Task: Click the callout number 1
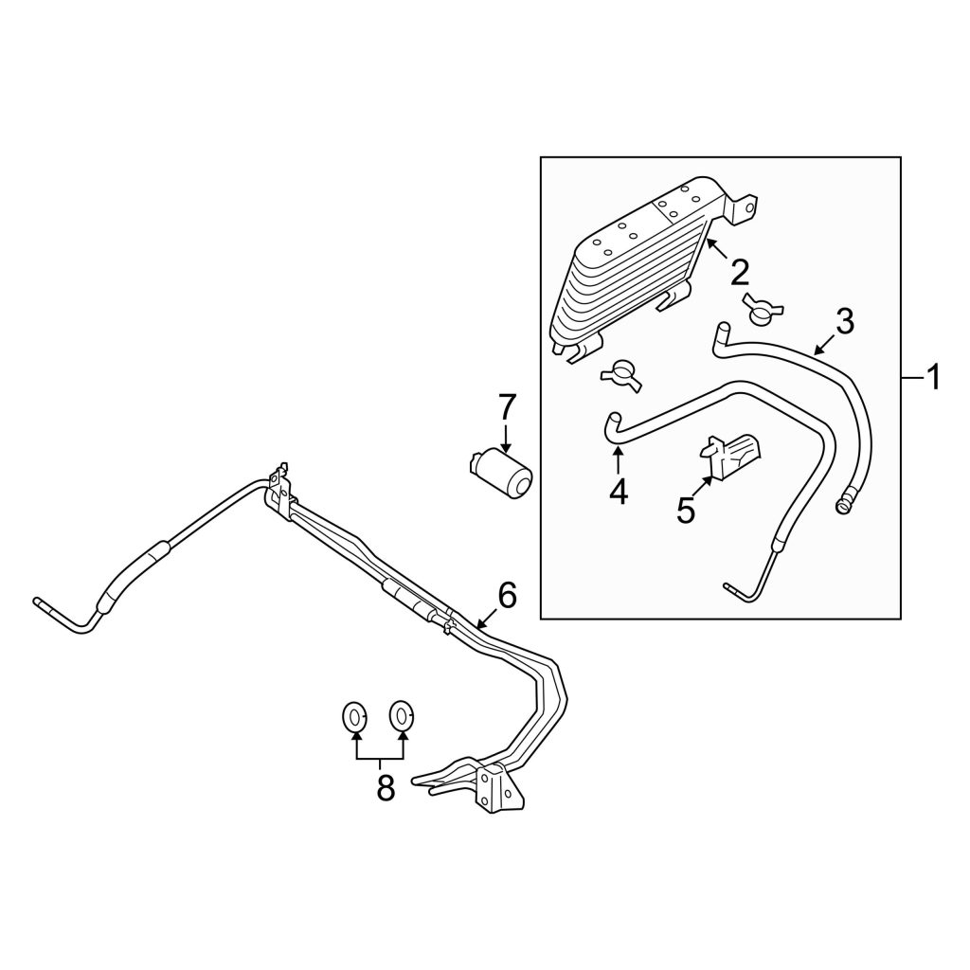(932, 377)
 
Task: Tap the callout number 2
(739, 273)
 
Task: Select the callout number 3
(844, 322)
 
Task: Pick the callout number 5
(686, 511)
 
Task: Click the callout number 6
(507, 596)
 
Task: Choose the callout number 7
(506, 407)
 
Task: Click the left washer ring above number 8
(354, 717)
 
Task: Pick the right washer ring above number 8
(401, 716)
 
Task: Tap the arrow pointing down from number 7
(506, 438)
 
